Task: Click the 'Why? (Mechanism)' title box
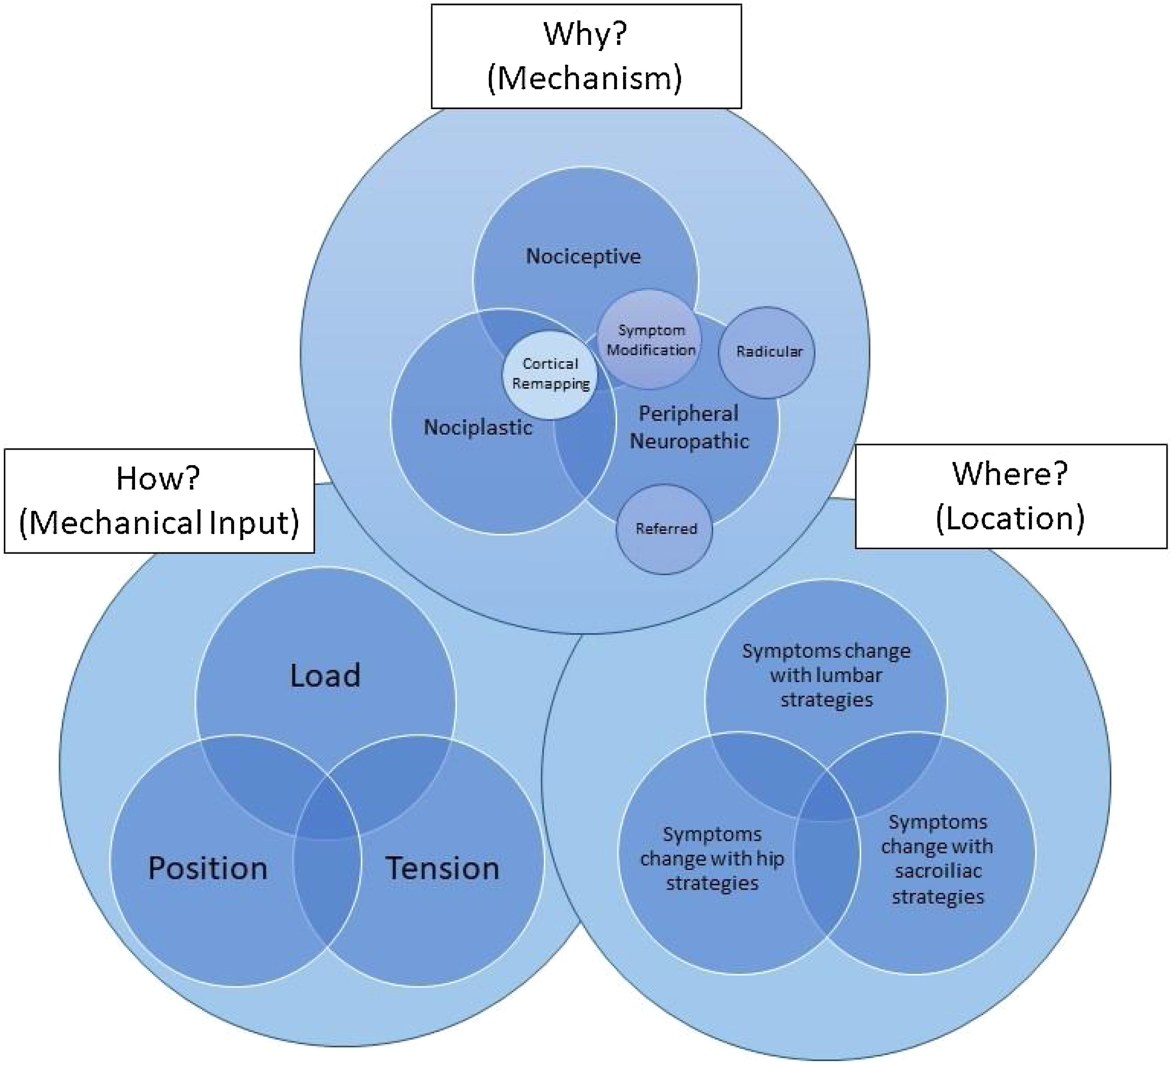click(586, 57)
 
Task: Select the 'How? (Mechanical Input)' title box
click(159, 501)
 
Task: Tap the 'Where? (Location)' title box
click(1011, 496)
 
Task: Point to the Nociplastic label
click(478, 427)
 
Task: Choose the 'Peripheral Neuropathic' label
click(690, 427)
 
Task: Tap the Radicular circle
click(767, 352)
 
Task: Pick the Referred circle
click(666, 529)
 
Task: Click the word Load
click(325, 676)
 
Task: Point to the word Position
click(208, 869)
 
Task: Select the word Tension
click(442, 869)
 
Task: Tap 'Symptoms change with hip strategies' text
click(712, 858)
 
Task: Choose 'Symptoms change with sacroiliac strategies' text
click(937, 859)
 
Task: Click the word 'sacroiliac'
click(938, 871)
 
